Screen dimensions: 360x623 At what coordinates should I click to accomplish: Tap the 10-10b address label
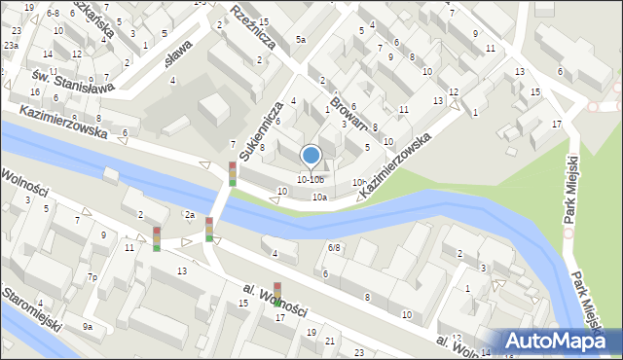coord(311,179)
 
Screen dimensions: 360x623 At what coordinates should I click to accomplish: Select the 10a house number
coord(318,198)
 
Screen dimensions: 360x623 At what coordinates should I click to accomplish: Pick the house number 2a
coord(191,215)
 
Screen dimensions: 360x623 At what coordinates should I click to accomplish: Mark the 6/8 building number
coord(334,248)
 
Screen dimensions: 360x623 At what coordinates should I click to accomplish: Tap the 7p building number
coord(92,278)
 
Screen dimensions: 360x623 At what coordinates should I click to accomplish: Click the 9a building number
coord(87,327)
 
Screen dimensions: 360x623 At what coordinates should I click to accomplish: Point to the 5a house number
coord(301,40)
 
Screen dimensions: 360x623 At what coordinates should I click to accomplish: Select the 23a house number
coord(11,46)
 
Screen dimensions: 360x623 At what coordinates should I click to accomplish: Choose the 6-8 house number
coord(52,13)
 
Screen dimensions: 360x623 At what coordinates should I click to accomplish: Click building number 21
coord(330,341)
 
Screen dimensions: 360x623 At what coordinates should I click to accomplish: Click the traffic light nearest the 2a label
coord(209,229)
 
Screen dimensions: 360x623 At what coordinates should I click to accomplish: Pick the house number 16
coord(34,91)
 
